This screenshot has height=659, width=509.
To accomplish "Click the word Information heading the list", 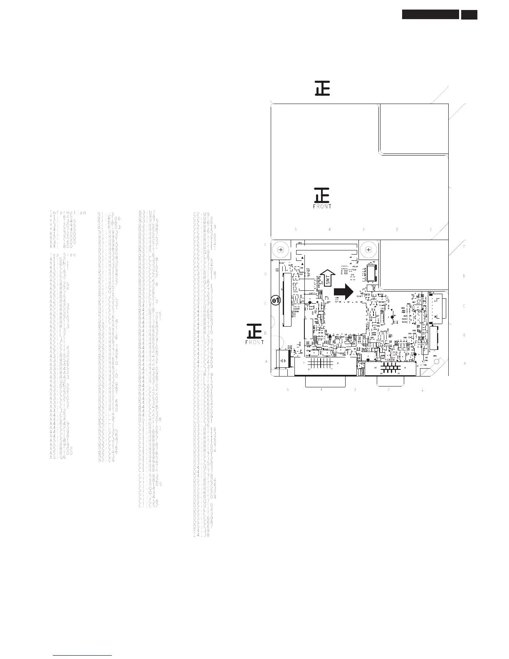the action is tap(68, 213).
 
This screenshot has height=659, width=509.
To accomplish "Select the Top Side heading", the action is tap(62, 255).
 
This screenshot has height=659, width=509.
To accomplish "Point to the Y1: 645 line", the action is tap(61, 217).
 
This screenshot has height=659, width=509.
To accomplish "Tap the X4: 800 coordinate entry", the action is tap(61, 246).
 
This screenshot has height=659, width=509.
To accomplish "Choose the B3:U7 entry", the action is tap(146, 213).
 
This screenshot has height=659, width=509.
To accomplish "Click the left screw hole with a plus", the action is tap(281, 250).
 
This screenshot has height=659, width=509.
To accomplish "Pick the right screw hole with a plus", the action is tap(368, 250).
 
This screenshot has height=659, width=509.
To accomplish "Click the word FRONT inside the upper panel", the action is tap(322, 206).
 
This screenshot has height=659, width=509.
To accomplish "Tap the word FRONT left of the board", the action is tap(254, 342).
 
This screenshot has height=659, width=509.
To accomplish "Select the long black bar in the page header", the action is tap(430, 15).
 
